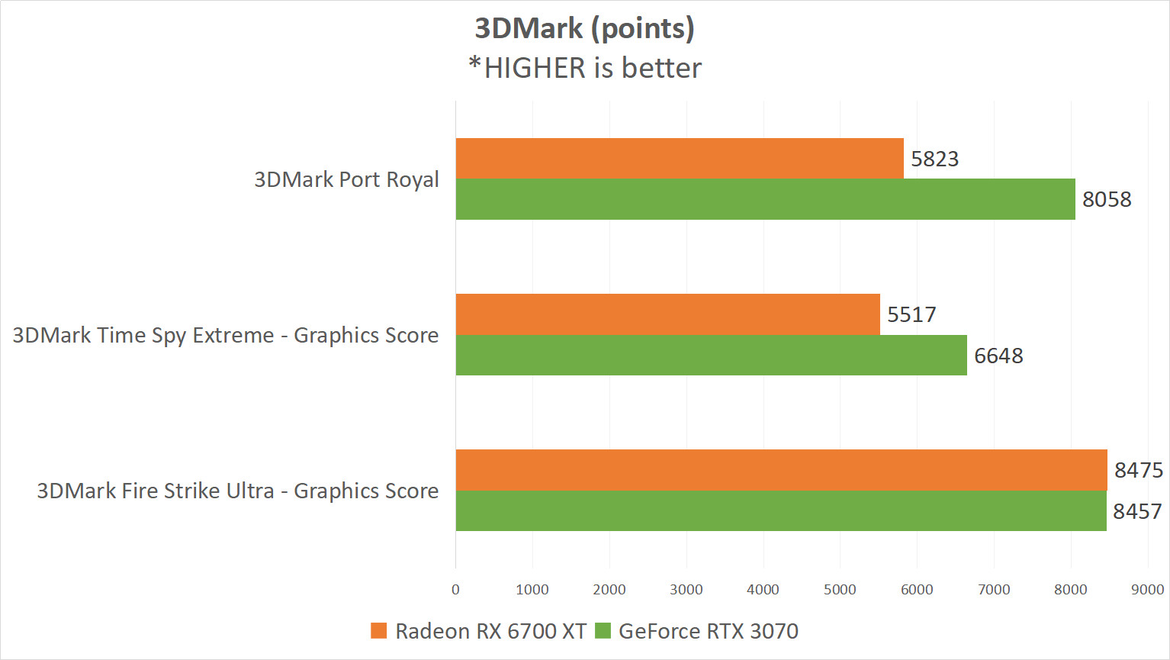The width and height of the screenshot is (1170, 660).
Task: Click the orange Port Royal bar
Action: pyautogui.click(x=679, y=158)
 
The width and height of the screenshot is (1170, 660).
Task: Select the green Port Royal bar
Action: pyautogui.click(x=765, y=199)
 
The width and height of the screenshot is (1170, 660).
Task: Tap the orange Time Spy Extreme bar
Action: pyautogui.click(x=667, y=314)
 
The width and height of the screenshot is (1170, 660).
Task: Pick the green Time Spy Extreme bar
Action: pyautogui.click(x=711, y=356)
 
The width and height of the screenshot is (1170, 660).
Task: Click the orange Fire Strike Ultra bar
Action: pyautogui.click(x=781, y=470)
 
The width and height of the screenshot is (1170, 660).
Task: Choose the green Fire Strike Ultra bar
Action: pyautogui.click(x=780, y=511)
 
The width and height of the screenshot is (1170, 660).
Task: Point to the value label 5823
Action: pyautogui.click(x=934, y=159)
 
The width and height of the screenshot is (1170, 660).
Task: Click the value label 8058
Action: pyautogui.click(x=1107, y=200)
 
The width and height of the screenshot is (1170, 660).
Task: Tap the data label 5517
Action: pyautogui.click(x=911, y=314)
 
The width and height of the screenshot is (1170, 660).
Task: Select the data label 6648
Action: pyautogui.click(x=998, y=356)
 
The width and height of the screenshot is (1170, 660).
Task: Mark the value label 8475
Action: pyautogui.click(x=1138, y=470)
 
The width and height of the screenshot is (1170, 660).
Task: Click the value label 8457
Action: pyautogui.click(x=1137, y=511)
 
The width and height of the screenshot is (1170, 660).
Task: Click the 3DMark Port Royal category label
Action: pyautogui.click(x=346, y=179)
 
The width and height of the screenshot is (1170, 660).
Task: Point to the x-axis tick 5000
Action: pyautogui.click(x=840, y=589)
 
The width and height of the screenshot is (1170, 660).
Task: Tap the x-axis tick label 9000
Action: pyautogui.click(x=1147, y=589)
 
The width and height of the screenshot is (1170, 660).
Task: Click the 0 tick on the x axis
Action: pyautogui.click(x=455, y=589)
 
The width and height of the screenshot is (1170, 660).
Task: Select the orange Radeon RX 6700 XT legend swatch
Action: pyautogui.click(x=378, y=631)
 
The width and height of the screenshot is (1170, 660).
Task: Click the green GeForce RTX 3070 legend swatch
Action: pyautogui.click(x=603, y=631)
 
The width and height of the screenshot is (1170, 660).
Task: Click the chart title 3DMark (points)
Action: pyautogui.click(x=584, y=28)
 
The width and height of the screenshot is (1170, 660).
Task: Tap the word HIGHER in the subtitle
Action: pyautogui.click(x=536, y=68)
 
